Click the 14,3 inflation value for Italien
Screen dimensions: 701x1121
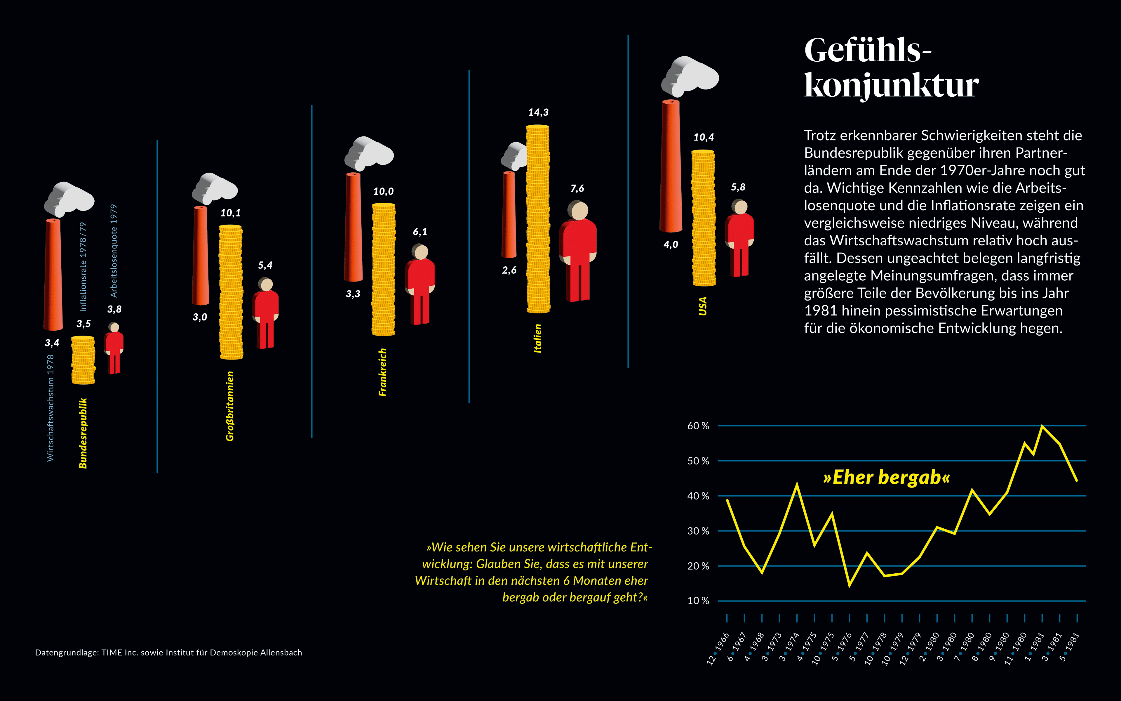pyautogui.click(x=538, y=112)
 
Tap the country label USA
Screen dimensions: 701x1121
pyautogui.click(x=703, y=306)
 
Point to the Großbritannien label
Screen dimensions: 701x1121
pyautogui.click(x=230, y=406)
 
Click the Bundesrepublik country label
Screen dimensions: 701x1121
pyautogui.click(x=83, y=433)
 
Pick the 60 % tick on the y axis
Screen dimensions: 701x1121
pyautogui.click(x=698, y=426)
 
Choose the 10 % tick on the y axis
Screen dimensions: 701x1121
pyautogui.click(x=698, y=601)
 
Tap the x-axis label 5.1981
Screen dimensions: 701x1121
pyautogui.click(x=1069, y=647)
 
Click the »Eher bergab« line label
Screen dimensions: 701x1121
pyautogui.click(x=886, y=478)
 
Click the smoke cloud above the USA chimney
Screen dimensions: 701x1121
pyautogui.click(x=690, y=74)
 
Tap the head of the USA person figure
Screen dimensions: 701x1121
pyautogui.click(x=740, y=207)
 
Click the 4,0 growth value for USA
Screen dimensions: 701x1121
pyautogui.click(x=671, y=244)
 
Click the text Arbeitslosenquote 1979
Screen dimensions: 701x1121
pyautogui.click(x=114, y=250)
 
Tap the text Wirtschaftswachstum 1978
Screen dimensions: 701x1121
pyautogui.click(x=51, y=408)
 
